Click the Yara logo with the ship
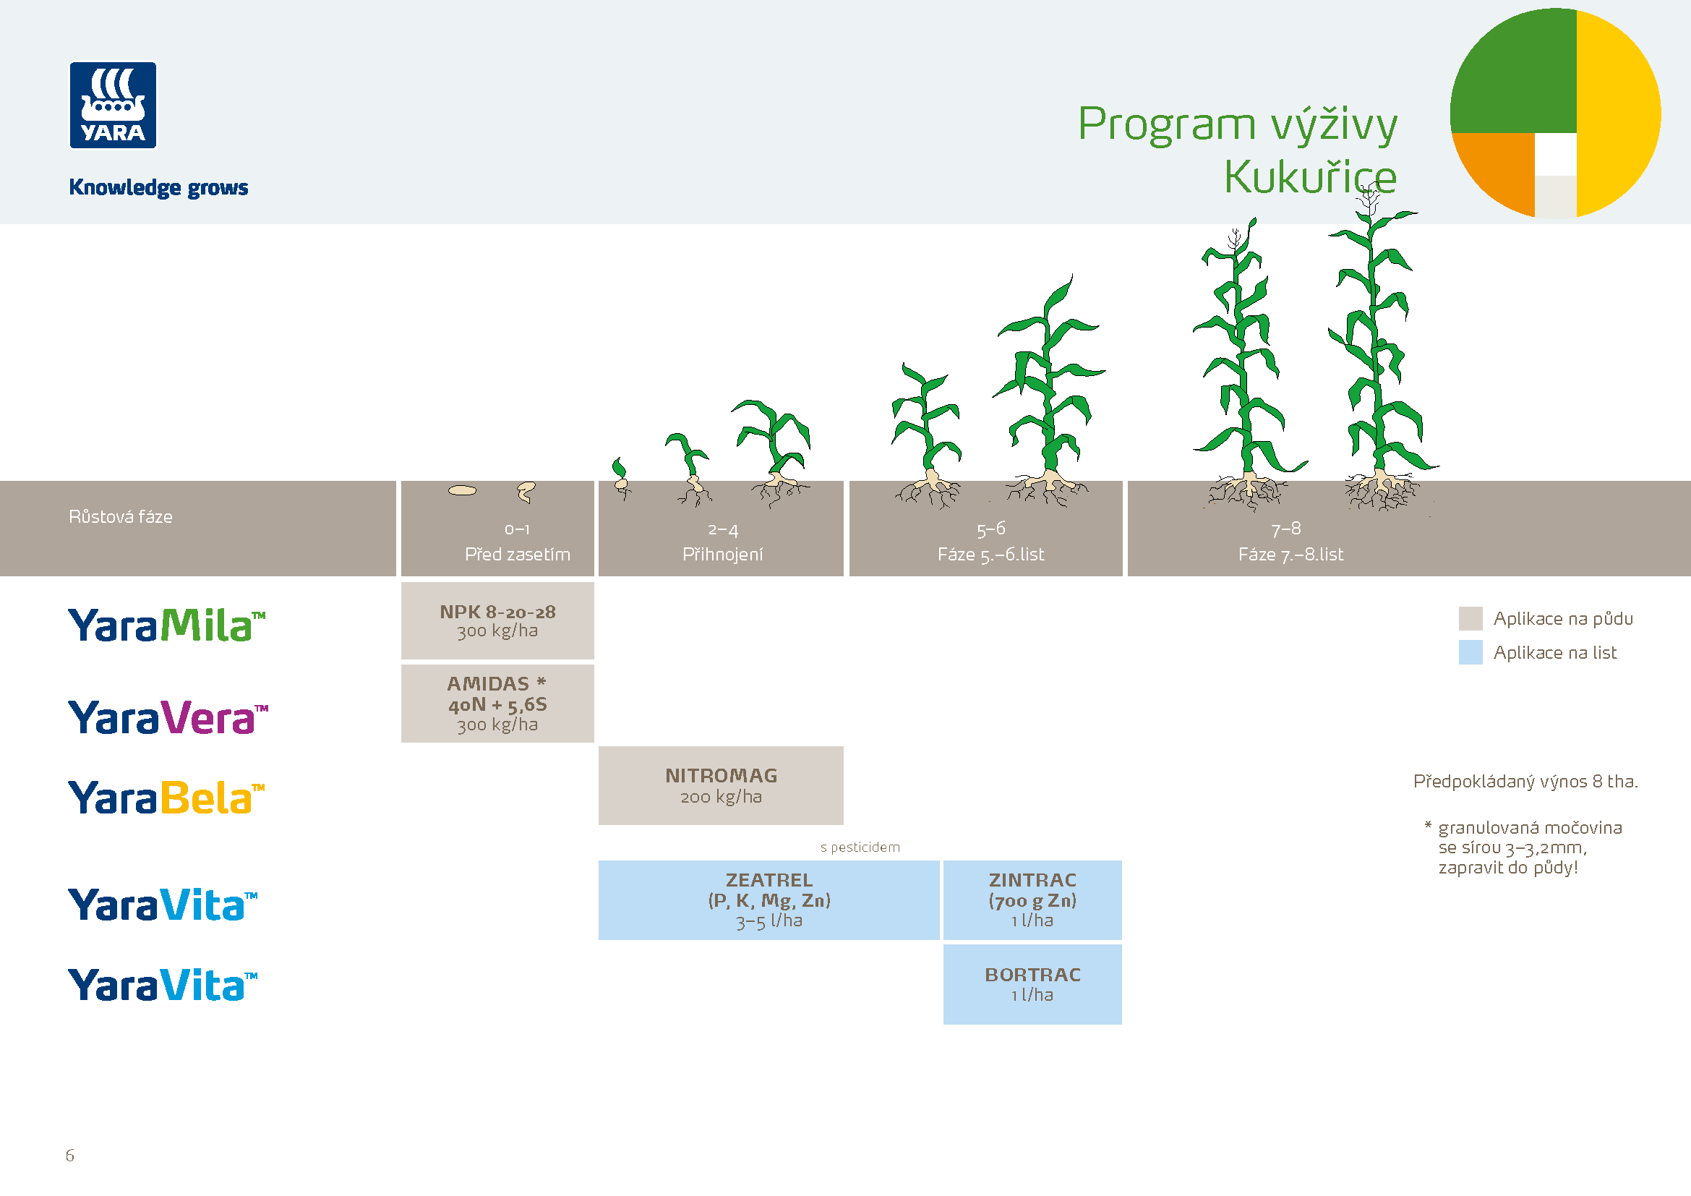(x=113, y=106)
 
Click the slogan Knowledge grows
(x=158, y=188)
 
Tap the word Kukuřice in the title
(x=1310, y=178)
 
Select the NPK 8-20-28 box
(x=497, y=621)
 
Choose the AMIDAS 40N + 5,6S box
(x=497, y=704)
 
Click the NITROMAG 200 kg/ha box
(x=721, y=786)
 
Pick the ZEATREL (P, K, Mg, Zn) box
(x=769, y=900)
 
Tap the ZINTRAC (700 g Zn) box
(x=1032, y=900)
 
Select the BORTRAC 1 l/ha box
(x=1032, y=985)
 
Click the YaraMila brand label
(x=166, y=625)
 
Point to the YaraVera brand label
(x=168, y=717)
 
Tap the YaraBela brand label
(x=166, y=798)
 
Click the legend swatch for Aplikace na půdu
(x=1470, y=619)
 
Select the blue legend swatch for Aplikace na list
(x=1470, y=652)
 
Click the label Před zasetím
(x=517, y=555)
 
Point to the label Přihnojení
(x=722, y=555)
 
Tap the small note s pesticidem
(x=860, y=847)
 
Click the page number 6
(x=70, y=1156)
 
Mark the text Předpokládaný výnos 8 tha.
(x=1525, y=782)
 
